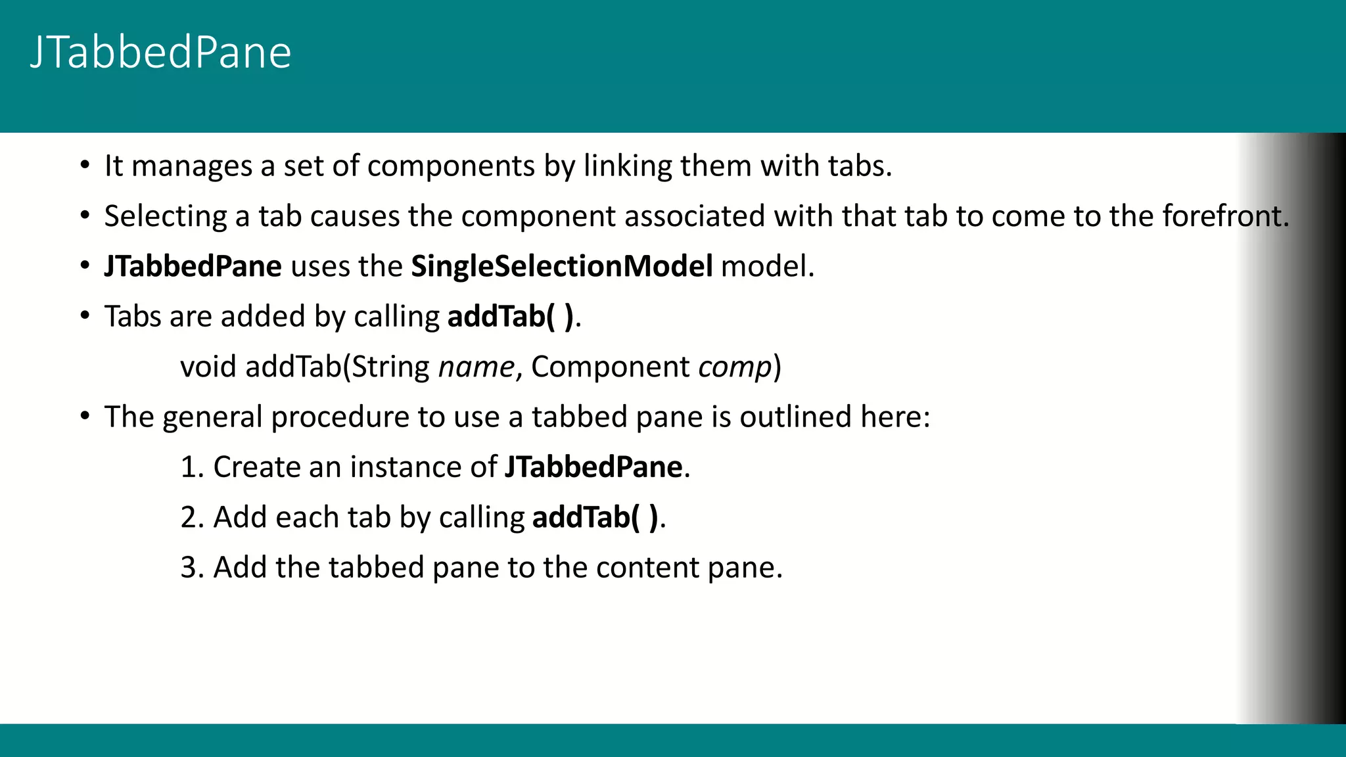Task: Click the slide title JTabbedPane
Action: tap(160, 53)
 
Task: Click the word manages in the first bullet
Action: tap(191, 166)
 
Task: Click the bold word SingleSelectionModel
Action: tap(561, 266)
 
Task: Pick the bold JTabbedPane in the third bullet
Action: tap(193, 266)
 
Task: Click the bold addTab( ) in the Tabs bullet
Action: tap(511, 317)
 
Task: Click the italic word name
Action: tap(476, 367)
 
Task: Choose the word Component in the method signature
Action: tap(610, 367)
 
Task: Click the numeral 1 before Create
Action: tap(189, 467)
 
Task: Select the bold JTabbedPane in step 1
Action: tap(593, 467)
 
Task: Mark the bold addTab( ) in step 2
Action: tap(595, 518)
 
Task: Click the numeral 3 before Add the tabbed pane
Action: tap(189, 568)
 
